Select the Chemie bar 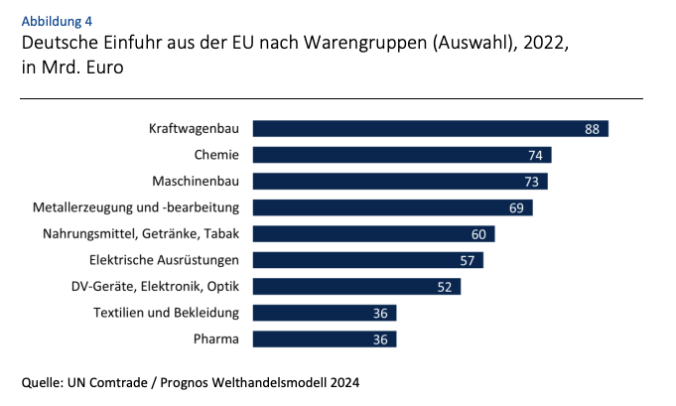tap(397, 155)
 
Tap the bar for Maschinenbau tap(397, 182)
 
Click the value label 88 tap(593, 129)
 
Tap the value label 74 tap(536, 155)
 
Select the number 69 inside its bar tap(517, 207)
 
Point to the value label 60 tap(479, 234)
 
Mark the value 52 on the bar tap(446, 287)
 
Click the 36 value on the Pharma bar tap(381, 339)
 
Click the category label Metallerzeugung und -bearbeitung tap(138, 207)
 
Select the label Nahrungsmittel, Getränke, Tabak tap(142, 234)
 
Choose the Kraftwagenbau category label tap(195, 129)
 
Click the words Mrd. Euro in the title tap(83, 69)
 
